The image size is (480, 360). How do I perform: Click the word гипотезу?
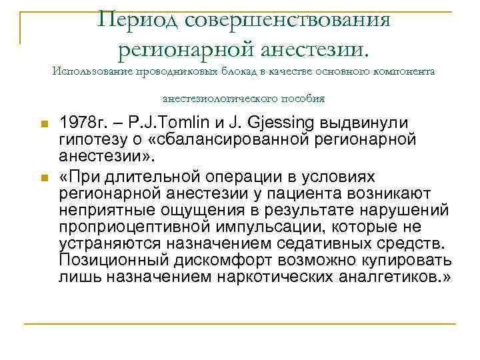click(93, 139)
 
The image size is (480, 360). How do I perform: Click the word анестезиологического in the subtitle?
click(219, 99)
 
